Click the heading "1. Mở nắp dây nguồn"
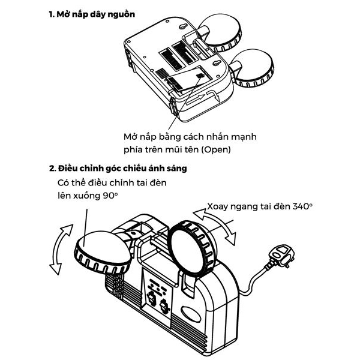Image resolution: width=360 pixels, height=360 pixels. pyautogui.click(x=92, y=14)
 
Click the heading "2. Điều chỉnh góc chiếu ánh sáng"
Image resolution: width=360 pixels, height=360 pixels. pyautogui.click(x=118, y=168)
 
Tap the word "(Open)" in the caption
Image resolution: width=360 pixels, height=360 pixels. pyautogui.click(x=216, y=149)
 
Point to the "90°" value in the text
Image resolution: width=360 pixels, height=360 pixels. pyautogui.click(x=110, y=196)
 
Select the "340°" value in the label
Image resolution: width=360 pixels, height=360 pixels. pyautogui.click(x=302, y=206)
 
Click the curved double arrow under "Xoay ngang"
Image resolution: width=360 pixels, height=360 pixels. pyautogui.click(x=214, y=227)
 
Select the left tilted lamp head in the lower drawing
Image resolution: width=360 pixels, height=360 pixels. pyautogui.click(x=103, y=253)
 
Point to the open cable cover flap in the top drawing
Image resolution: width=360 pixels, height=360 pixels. pyautogui.click(x=188, y=79)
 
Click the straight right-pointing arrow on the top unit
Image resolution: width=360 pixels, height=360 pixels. pyautogui.click(x=194, y=100)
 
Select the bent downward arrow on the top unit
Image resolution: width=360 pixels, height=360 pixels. pyautogui.click(x=214, y=95)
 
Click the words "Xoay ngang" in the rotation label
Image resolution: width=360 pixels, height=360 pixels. pyautogui.click(x=232, y=207)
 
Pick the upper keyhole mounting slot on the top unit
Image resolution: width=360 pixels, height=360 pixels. pyautogui.click(x=183, y=27)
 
